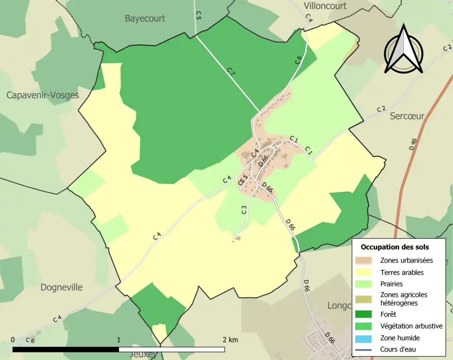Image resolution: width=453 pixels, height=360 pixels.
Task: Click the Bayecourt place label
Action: [x=145, y=18]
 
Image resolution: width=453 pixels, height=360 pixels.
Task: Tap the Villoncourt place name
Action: [x=325, y=6]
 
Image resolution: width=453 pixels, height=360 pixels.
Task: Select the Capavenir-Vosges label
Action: [x=42, y=95]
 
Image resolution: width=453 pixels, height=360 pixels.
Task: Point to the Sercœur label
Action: [x=407, y=116]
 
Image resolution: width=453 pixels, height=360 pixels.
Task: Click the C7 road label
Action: [x=231, y=72]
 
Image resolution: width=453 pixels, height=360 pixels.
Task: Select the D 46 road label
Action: [x=413, y=143]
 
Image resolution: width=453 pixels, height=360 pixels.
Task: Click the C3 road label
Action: [x=244, y=210]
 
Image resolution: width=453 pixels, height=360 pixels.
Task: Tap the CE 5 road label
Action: [x=243, y=180]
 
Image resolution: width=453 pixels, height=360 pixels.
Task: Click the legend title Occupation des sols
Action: [x=394, y=247]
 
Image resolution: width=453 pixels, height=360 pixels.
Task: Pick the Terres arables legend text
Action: [x=402, y=272]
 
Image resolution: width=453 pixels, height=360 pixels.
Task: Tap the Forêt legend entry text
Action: [x=388, y=314]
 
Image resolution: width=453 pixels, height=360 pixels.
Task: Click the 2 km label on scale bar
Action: [x=230, y=340]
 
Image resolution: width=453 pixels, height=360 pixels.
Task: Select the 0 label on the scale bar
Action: [x=13, y=340]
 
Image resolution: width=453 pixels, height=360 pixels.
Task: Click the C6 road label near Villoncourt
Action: [x=298, y=60]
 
